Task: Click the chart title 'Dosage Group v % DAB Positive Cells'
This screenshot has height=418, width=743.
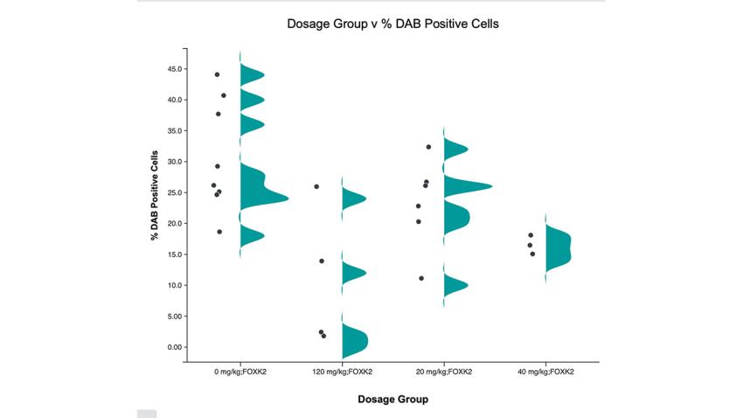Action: pos(392,24)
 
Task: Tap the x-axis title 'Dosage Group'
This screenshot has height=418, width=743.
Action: pos(392,400)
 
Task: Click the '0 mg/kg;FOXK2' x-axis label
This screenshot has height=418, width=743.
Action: pos(240,372)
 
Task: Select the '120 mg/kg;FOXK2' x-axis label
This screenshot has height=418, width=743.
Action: pos(342,372)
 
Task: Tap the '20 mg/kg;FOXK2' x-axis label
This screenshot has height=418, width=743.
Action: pos(444,372)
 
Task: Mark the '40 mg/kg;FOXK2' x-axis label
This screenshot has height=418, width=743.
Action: pos(545,372)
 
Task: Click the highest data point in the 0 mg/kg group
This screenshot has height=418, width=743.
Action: pos(217,74)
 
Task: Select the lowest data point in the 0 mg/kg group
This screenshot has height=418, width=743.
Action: pos(219,232)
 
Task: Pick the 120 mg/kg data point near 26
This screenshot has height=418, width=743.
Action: pos(316,186)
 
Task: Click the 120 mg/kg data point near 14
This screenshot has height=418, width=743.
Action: pos(322,261)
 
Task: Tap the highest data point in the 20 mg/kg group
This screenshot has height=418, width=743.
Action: pos(428,147)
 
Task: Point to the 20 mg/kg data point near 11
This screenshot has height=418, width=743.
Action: pos(421,278)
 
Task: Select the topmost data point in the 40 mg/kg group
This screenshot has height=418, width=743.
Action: pos(531,235)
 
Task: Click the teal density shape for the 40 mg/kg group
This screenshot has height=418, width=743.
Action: pos(556,248)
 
